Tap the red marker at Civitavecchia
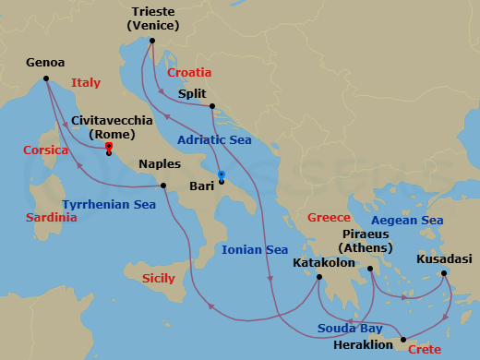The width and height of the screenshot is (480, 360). tap(109, 147)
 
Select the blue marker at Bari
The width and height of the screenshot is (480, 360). tap(222, 175)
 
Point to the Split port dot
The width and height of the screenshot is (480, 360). tap(212, 106)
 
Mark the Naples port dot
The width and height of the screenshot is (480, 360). tap(162, 186)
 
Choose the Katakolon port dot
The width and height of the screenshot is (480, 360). tap(318, 278)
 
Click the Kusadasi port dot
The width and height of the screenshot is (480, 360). tap(444, 272)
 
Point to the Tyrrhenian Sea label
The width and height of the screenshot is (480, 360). tap(109, 204)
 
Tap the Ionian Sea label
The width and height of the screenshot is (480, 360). tap(255, 250)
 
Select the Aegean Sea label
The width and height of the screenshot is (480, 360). tap(406, 221)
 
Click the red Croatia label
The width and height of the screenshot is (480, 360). tap(189, 72)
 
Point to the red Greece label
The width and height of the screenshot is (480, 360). tap(329, 218)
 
